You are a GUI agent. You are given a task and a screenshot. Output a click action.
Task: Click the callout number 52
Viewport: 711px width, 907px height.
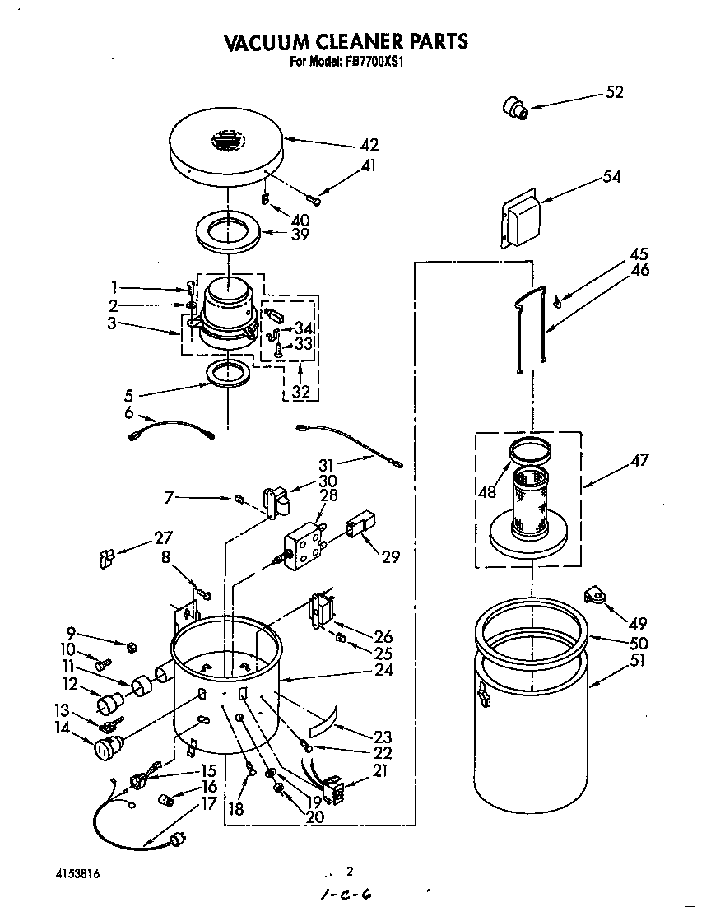click(x=614, y=92)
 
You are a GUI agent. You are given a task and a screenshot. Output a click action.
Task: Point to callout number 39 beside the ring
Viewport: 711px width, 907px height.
click(x=300, y=235)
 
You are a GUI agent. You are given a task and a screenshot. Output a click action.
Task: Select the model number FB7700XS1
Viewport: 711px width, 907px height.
click(x=370, y=61)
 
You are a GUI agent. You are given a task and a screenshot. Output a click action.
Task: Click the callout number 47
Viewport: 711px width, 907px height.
click(x=639, y=460)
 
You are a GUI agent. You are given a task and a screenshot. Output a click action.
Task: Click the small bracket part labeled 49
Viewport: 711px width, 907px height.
click(x=594, y=594)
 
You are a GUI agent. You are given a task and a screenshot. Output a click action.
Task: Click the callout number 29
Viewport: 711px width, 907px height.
click(x=389, y=556)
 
